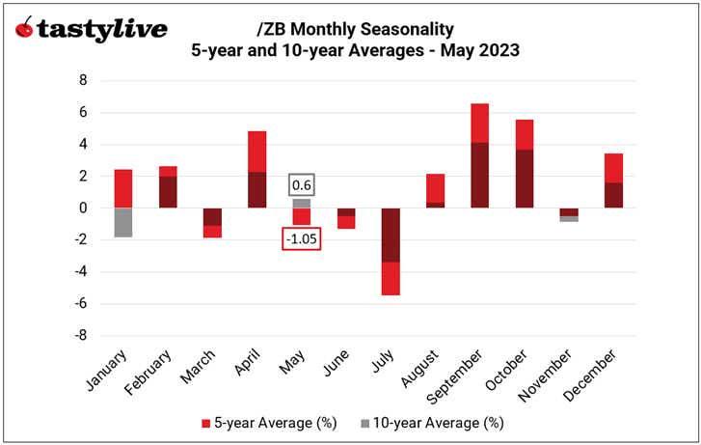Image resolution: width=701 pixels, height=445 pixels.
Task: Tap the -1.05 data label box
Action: [302, 238]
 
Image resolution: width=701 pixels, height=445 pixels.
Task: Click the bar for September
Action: [479, 155]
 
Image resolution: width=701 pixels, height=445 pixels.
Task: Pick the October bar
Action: [524, 163]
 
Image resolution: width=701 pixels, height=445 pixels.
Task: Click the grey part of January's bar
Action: [122, 222]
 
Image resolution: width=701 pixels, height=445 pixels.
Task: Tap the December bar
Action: [612, 181]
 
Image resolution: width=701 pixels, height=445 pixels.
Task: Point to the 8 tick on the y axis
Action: [83, 80]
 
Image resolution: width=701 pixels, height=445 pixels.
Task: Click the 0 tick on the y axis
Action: [83, 208]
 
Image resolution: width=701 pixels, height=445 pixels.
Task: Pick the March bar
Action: [212, 222]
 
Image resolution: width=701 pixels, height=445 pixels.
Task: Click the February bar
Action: [168, 187]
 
